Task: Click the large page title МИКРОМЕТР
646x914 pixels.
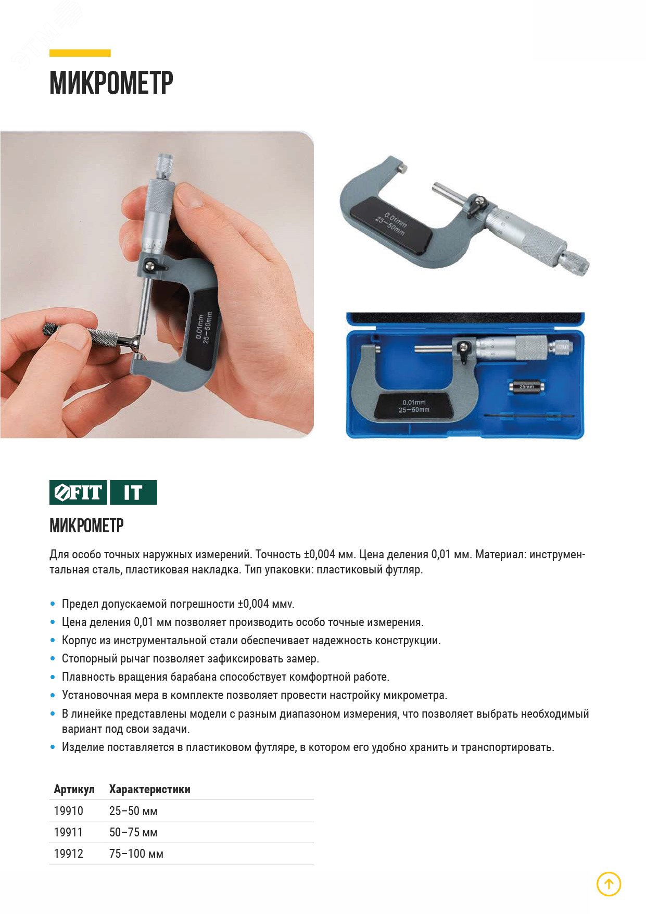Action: (x=111, y=83)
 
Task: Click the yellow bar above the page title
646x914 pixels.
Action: (x=80, y=53)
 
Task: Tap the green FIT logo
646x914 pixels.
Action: (x=79, y=492)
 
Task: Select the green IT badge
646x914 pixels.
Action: (x=133, y=492)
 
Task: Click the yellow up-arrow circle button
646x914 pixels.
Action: (x=609, y=884)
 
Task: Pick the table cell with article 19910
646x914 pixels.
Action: (x=69, y=811)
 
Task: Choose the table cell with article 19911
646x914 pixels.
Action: (x=69, y=832)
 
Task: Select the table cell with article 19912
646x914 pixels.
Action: (x=69, y=854)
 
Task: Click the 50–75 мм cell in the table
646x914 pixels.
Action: (x=133, y=832)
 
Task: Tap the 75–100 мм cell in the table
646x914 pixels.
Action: (x=136, y=854)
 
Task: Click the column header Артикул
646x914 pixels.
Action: (x=74, y=789)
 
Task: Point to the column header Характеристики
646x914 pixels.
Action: (x=150, y=789)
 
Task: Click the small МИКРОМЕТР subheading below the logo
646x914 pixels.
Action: (x=86, y=525)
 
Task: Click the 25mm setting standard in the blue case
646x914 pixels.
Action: (x=526, y=387)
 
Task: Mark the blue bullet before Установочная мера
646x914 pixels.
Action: (x=53, y=695)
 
